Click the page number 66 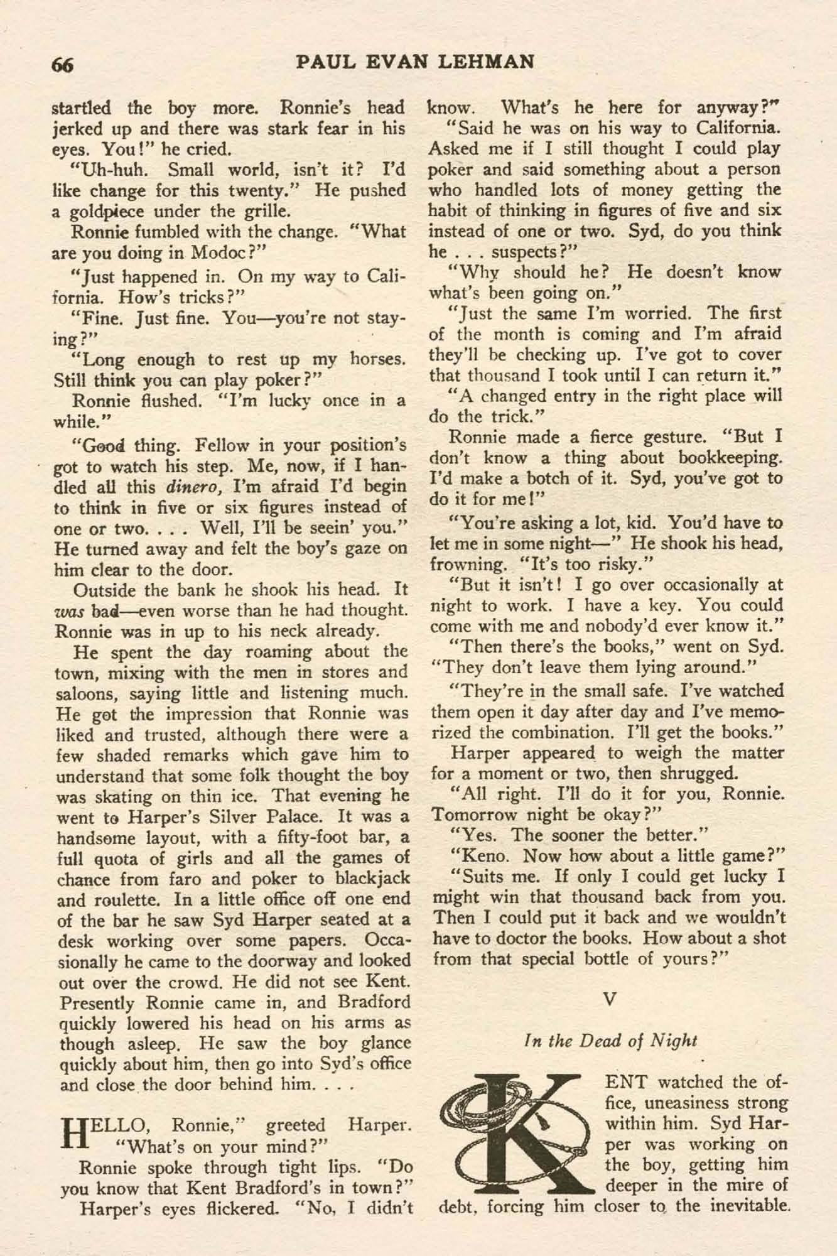(x=63, y=65)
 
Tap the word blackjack (x=370, y=879)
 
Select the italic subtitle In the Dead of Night (x=610, y=1040)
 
